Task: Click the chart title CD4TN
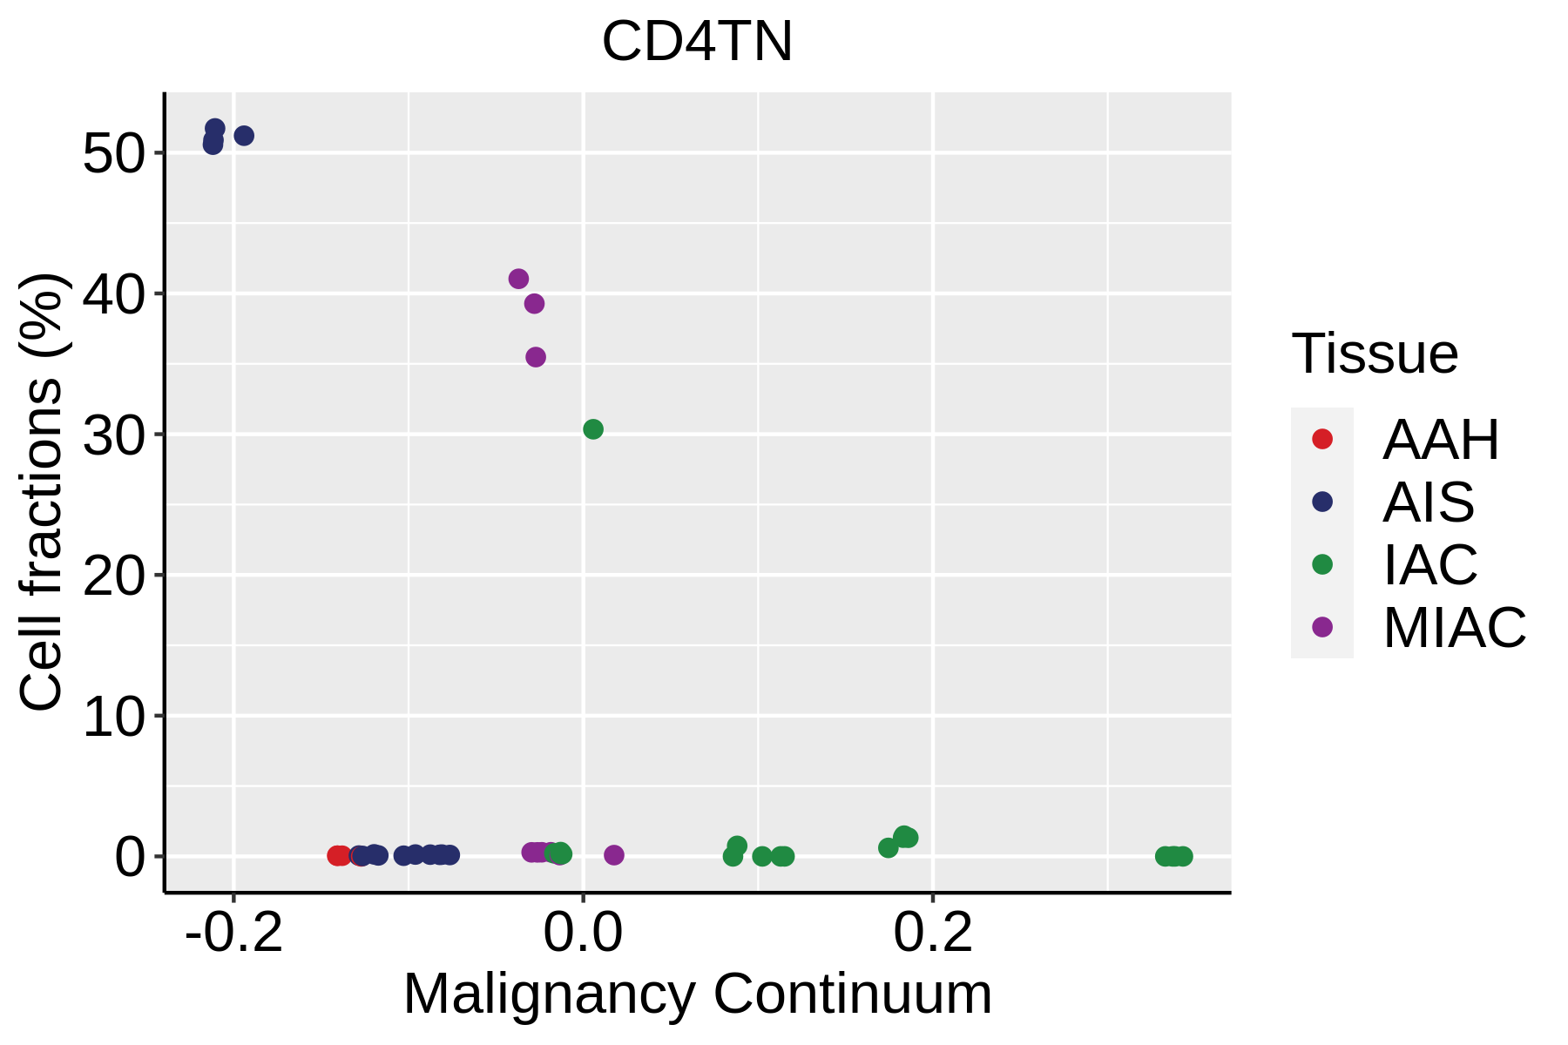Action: point(697,42)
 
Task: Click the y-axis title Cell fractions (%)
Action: point(41,492)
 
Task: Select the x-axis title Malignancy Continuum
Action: point(697,994)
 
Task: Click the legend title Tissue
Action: point(1375,354)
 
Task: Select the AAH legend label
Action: point(1441,440)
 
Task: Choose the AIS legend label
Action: point(1429,502)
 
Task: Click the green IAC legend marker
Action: point(1322,564)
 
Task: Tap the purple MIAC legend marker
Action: point(1322,627)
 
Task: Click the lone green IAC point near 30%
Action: point(593,429)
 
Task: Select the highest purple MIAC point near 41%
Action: point(518,279)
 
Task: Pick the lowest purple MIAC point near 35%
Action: point(536,357)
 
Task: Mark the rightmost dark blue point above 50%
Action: point(244,136)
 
